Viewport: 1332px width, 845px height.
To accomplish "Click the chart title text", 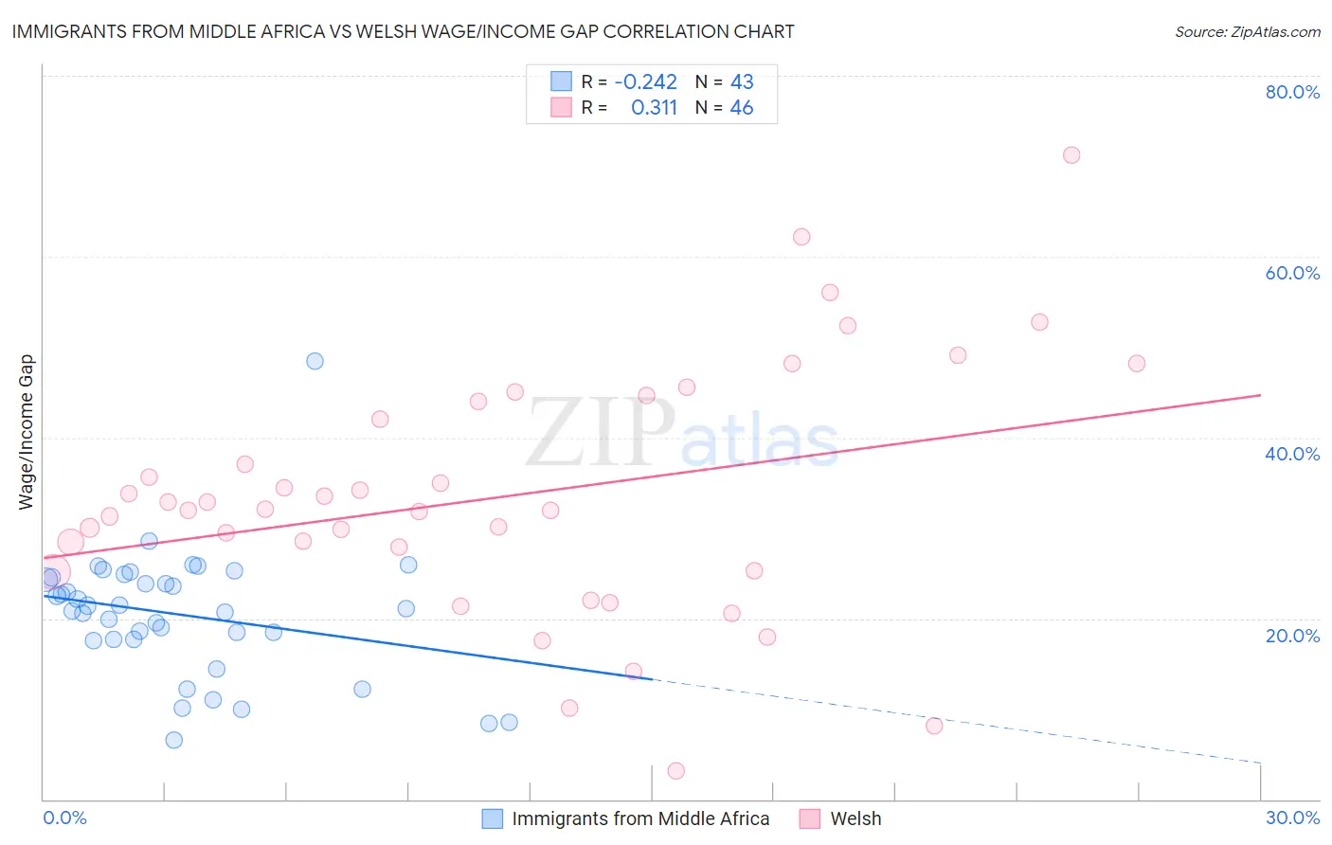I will coord(403,31).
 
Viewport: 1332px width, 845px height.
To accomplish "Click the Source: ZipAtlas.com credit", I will coord(1247,31).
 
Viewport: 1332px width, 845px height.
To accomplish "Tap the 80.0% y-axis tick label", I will coord(1292,92).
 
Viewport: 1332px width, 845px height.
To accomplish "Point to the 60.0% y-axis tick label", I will coord(1292,273).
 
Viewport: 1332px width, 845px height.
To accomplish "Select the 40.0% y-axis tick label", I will coord(1292,454).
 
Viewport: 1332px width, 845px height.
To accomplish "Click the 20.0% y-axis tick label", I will coord(1292,636).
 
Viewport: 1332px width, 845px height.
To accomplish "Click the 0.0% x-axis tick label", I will coord(64,818).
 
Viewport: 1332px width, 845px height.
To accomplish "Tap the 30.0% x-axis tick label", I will coord(1292,818).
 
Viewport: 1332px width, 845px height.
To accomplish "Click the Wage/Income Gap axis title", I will coord(27,432).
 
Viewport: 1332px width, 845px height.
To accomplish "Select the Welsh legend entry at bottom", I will coord(855,818).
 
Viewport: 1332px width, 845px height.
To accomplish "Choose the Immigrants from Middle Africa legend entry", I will coord(639,818).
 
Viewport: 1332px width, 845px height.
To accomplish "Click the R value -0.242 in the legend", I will coord(645,82).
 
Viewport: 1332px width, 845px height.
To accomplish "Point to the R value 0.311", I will coord(654,108).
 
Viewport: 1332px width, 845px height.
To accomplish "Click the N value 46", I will coord(741,108).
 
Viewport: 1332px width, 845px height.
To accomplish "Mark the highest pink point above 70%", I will coord(1071,155).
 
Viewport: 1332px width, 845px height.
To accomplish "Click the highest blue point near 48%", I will coord(315,361).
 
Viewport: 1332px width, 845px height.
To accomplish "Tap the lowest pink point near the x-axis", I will coord(675,771).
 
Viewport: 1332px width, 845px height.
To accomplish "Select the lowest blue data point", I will coord(174,740).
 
